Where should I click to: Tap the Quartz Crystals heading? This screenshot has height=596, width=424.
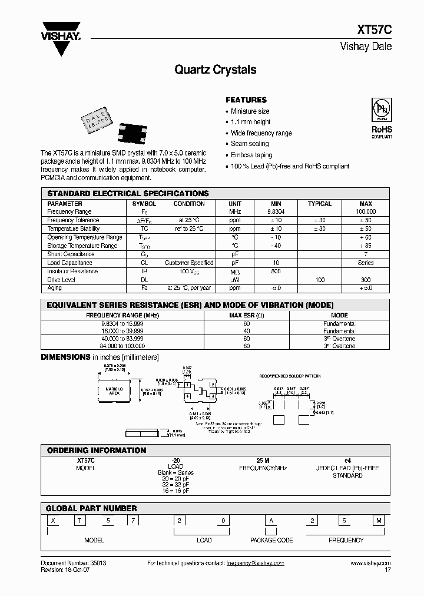click(216, 70)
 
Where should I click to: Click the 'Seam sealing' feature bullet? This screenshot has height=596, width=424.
click(250, 144)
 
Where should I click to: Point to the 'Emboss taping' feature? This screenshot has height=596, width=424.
click(251, 155)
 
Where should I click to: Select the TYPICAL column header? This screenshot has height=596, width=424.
click(320, 204)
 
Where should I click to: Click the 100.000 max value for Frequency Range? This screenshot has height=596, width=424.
click(366, 211)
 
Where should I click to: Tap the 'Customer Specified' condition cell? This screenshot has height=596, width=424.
click(189, 263)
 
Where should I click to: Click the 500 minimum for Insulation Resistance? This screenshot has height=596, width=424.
click(276, 271)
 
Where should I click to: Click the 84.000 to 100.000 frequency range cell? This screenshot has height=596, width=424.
click(122, 346)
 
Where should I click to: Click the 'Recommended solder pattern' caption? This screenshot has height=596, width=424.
click(290, 375)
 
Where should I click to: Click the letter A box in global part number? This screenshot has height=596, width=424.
click(271, 520)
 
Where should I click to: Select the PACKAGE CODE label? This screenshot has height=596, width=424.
click(271, 540)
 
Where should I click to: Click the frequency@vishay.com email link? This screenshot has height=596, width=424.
click(256, 563)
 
